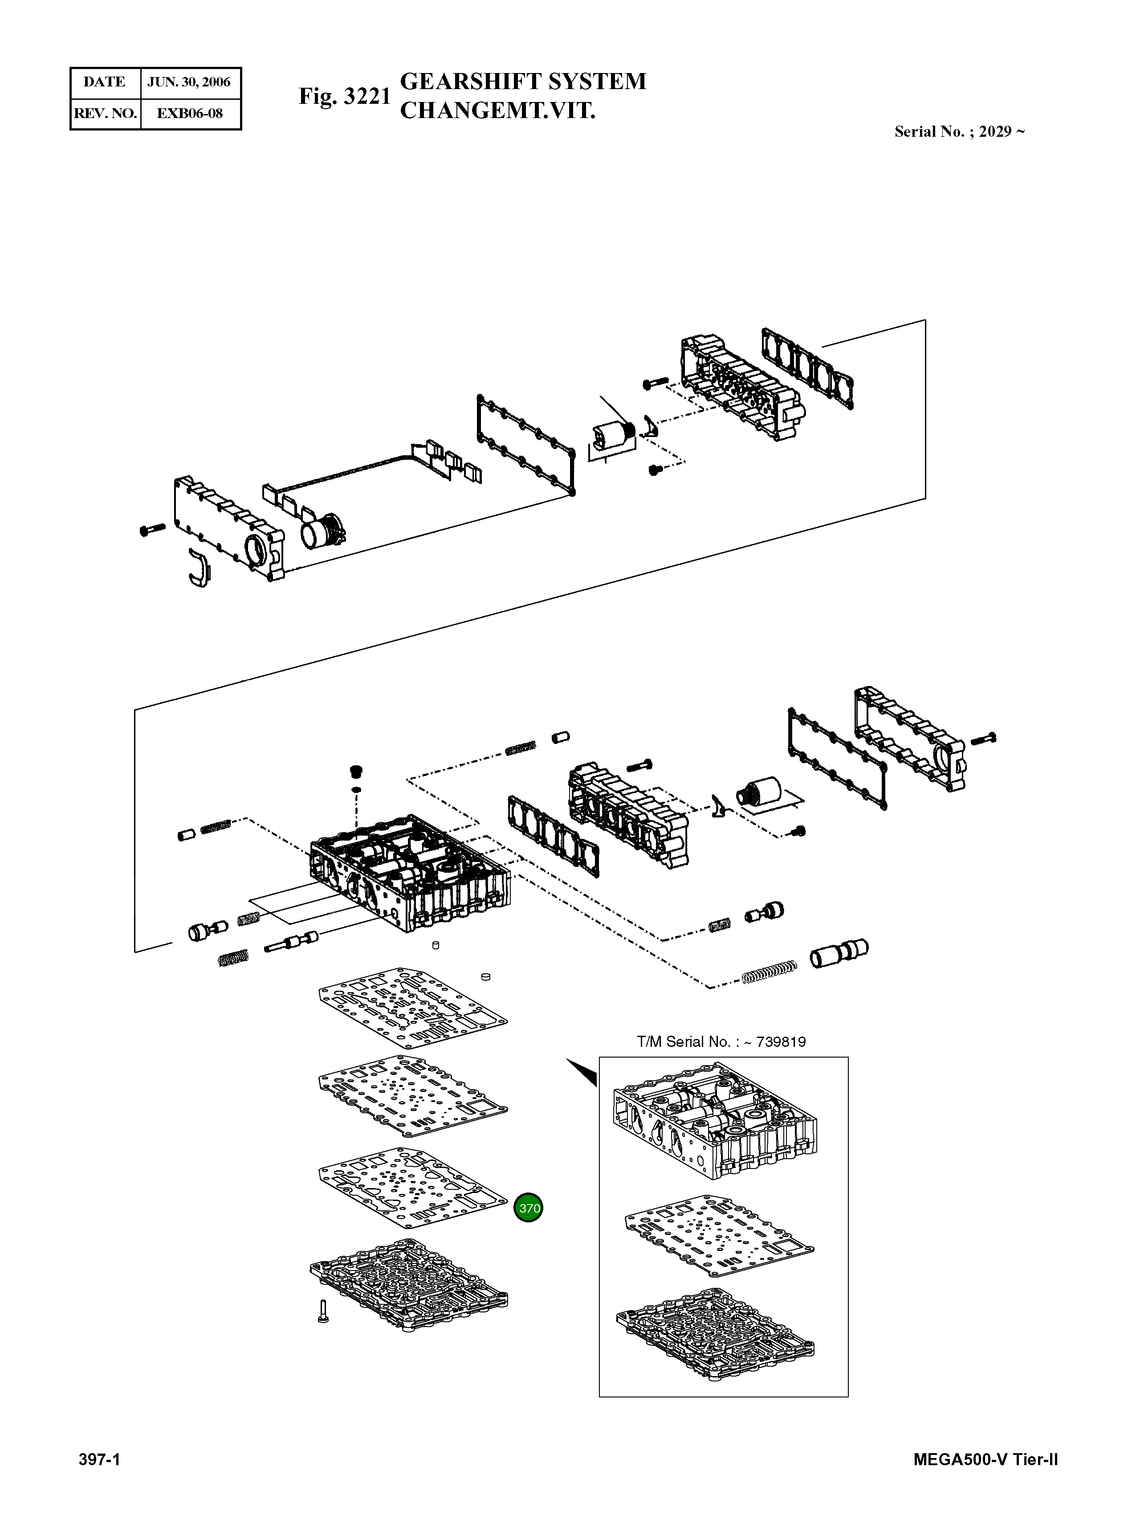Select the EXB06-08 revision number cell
pyautogui.click(x=190, y=114)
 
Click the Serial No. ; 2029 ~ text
pyautogui.click(x=959, y=132)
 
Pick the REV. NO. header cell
pyautogui.click(x=105, y=114)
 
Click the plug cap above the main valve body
pyautogui.click(x=355, y=771)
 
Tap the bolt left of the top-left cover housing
pyautogui.click(x=152, y=528)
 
